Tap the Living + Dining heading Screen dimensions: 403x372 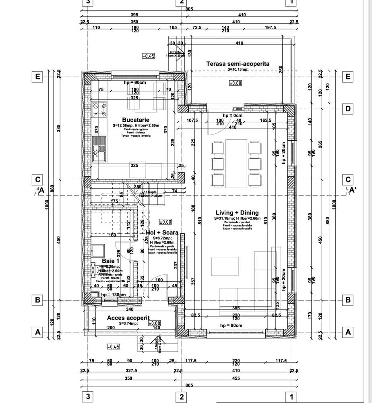237,213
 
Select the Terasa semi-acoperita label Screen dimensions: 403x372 238,63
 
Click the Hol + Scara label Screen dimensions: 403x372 162,233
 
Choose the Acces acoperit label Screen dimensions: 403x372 125,318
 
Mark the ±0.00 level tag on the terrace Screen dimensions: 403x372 235,83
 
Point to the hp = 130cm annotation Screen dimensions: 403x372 114,295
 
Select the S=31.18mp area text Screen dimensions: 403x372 223,218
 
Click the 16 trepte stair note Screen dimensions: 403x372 151,192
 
